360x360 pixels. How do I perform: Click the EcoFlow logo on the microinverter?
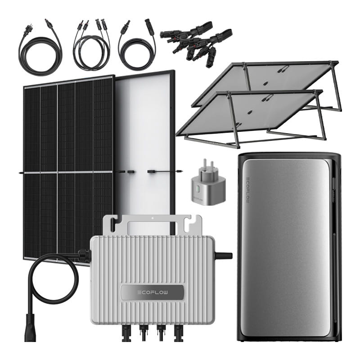click(x=153, y=292)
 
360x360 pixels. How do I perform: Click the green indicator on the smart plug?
click(x=197, y=190)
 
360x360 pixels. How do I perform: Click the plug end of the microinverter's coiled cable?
click(x=30, y=328)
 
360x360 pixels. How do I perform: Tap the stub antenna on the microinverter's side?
click(x=223, y=256)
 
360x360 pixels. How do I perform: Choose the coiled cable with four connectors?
click(x=92, y=46)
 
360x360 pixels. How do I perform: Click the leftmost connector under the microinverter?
click(x=126, y=333)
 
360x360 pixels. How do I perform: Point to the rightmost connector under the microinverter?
click(x=178, y=333)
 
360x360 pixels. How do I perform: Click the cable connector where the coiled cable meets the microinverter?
click(x=84, y=256)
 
